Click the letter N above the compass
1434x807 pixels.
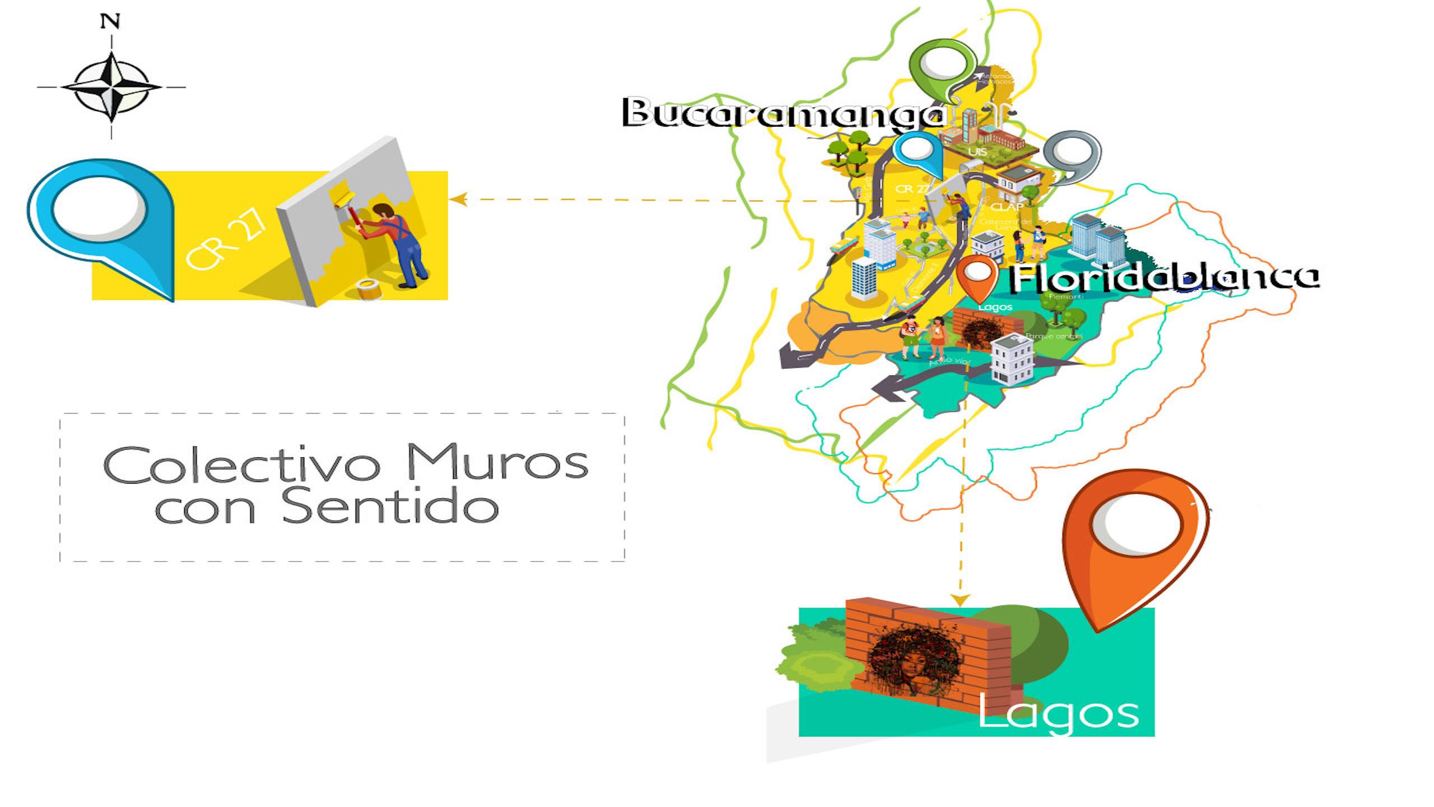point(110,22)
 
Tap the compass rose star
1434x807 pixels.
point(111,87)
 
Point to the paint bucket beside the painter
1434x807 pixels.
point(368,289)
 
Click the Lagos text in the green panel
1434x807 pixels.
point(1058,714)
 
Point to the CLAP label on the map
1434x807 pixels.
point(1007,207)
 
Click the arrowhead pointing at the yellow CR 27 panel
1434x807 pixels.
point(458,199)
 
